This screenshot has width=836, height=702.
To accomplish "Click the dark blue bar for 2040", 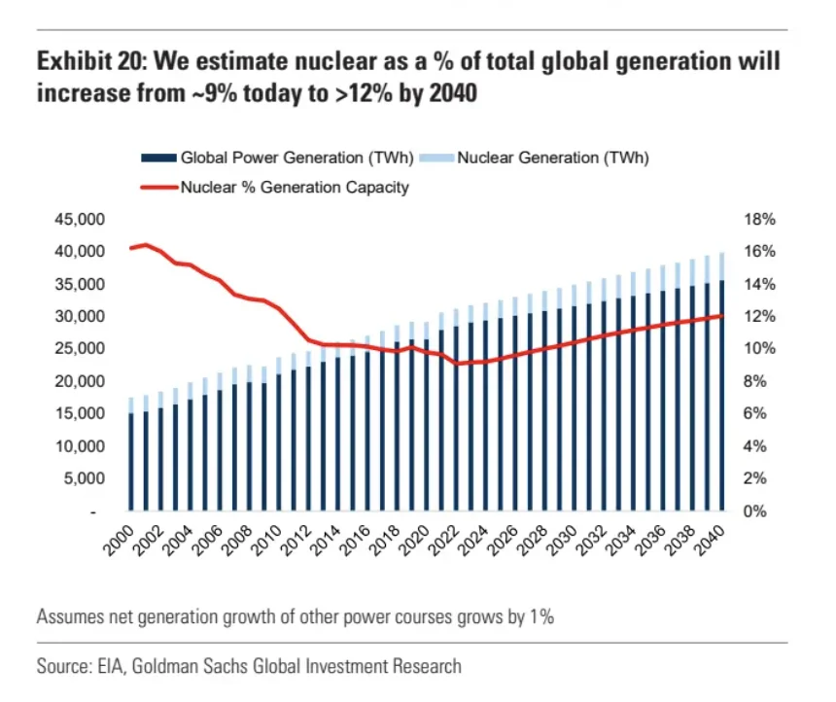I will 721,399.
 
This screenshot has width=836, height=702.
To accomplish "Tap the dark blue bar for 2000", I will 131,462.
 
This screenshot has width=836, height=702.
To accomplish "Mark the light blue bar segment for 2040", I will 721,266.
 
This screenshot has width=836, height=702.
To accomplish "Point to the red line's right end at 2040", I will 721,315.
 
